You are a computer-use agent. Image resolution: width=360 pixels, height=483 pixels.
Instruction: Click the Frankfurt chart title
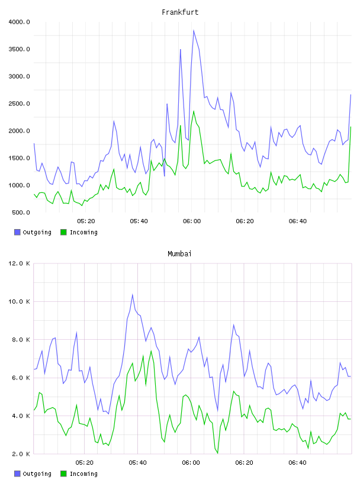[x=180, y=12]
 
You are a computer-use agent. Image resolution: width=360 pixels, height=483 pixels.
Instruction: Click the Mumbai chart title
[x=179, y=254]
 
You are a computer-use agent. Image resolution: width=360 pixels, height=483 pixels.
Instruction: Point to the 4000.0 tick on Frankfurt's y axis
[x=20, y=22]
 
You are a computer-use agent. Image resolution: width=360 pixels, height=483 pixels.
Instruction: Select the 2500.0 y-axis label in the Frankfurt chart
[x=20, y=104]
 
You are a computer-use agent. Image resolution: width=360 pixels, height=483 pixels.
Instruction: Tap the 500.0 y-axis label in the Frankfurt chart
[x=21, y=212]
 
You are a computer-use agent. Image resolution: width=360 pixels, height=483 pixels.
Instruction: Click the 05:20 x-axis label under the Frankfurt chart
[x=86, y=221]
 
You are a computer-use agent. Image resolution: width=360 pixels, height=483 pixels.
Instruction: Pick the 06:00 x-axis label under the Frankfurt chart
[x=192, y=221]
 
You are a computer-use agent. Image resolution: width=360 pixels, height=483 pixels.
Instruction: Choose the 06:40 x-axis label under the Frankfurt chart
[x=298, y=221]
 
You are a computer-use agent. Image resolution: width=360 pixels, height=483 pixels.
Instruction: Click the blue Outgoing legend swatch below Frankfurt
[x=17, y=232]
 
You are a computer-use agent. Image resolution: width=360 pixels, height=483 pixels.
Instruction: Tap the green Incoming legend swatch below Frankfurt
[x=63, y=232]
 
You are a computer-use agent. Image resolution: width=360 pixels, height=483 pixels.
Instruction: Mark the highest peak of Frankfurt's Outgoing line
[x=194, y=30]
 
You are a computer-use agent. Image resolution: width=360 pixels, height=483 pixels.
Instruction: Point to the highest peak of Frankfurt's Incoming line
[x=194, y=111]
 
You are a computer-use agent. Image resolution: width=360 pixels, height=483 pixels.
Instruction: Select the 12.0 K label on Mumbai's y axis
[x=19, y=263]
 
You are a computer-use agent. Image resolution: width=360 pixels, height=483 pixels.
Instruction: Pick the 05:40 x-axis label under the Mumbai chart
[x=138, y=463]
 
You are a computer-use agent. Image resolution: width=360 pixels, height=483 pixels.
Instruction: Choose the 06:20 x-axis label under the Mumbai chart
[x=244, y=463]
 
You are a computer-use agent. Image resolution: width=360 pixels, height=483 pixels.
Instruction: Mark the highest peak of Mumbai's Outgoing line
[x=133, y=295]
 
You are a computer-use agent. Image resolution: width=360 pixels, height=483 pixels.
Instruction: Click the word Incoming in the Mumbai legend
[x=83, y=474]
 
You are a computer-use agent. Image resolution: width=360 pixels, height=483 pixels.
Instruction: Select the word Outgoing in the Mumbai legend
[x=37, y=474]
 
